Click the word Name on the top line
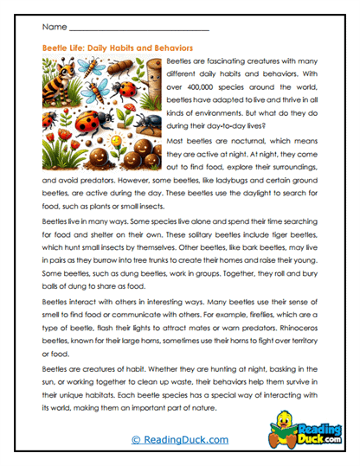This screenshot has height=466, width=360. click(x=53, y=28)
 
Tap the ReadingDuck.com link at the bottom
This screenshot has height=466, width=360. click(x=179, y=440)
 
